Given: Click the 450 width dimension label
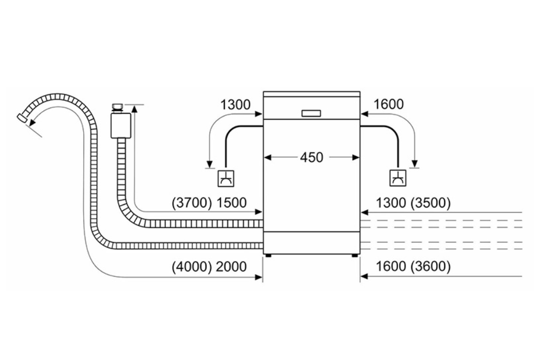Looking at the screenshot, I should click(x=311, y=157).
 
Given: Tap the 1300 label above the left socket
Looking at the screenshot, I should click(x=236, y=105).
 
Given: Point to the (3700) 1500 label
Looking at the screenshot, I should click(x=209, y=203).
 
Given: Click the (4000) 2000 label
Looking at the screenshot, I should click(x=209, y=266).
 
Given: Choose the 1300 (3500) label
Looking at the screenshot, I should click(x=413, y=203).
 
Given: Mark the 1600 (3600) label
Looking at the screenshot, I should click(x=413, y=266).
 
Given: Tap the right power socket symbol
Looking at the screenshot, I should click(x=397, y=178).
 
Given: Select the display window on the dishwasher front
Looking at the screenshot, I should click(x=311, y=112).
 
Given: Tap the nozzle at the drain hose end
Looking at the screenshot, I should click(x=22, y=118).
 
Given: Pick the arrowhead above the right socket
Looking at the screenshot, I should click(x=415, y=163).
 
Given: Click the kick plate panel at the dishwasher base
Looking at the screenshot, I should click(x=311, y=242).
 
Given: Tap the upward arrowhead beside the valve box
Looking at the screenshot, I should click(x=135, y=109).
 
